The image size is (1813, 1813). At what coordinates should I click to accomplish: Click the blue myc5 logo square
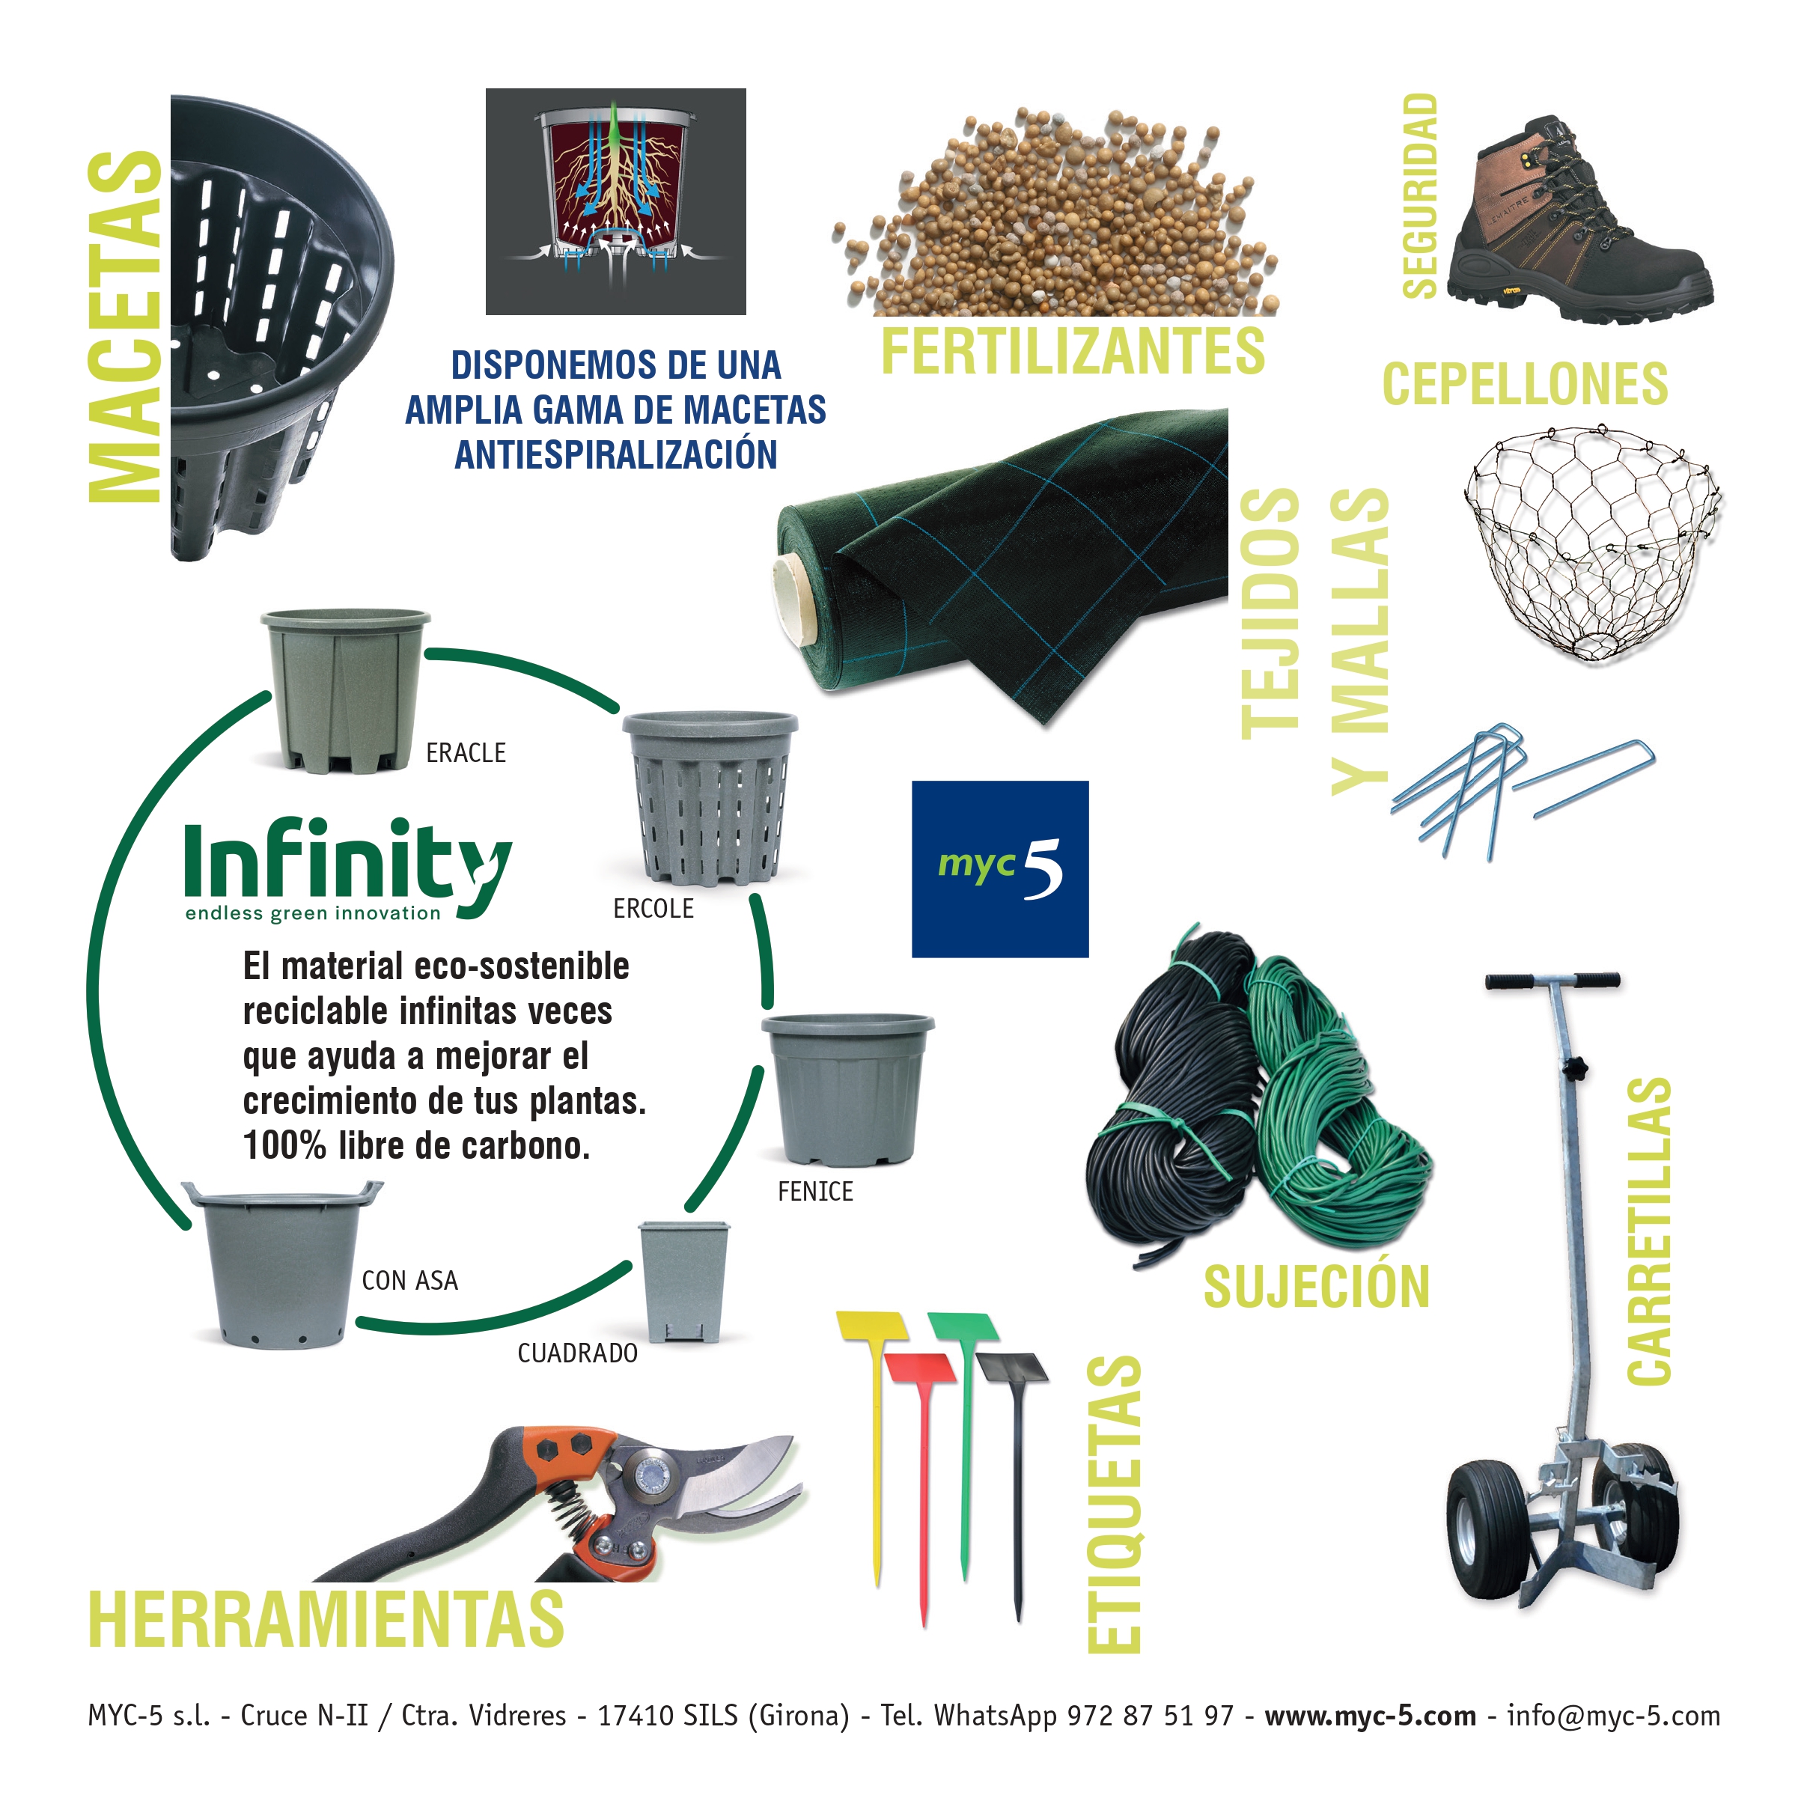point(999,869)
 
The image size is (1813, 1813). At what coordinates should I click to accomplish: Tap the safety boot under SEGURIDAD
point(1579,223)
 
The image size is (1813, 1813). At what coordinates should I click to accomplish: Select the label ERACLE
point(466,752)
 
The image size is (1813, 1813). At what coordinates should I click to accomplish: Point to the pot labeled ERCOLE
point(710,798)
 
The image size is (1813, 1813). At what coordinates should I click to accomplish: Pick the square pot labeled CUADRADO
point(684,1281)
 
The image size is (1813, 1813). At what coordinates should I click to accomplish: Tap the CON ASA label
point(410,1280)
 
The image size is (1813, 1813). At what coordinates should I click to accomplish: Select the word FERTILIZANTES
point(1073,351)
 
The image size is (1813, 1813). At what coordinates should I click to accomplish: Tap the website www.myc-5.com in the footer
point(1370,1716)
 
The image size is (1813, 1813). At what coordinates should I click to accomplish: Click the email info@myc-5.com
point(1613,1716)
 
